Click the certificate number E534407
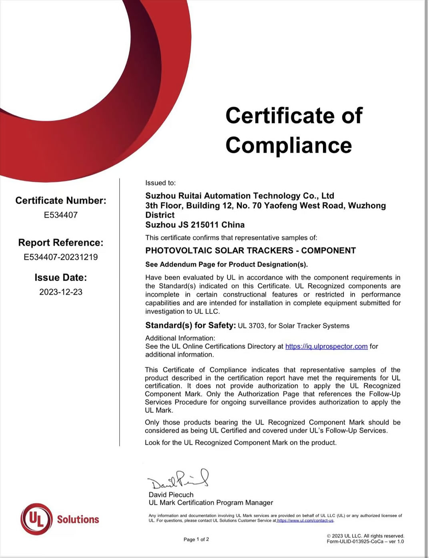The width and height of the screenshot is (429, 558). (x=61, y=215)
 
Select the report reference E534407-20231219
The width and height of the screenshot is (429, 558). (x=61, y=257)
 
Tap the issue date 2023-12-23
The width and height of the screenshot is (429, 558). (x=61, y=292)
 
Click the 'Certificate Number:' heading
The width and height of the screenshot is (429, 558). (x=61, y=200)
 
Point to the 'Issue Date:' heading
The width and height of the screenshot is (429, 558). (x=61, y=278)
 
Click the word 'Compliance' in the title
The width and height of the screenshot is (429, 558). (x=289, y=145)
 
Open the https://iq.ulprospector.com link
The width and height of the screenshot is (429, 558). (x=326, y=346)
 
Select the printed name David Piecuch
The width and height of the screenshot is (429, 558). (x=171, y=495)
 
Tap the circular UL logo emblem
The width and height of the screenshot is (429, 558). (x=36, y=519)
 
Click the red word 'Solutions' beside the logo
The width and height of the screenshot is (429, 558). (x=78, y=519)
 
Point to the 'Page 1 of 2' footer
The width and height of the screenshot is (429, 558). (x=196, y=540)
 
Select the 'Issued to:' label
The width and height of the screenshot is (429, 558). (x=160, y=183)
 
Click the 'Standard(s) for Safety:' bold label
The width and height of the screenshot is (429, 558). (x=190, y=325)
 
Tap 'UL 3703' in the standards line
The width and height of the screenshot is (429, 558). (x=251, y=326)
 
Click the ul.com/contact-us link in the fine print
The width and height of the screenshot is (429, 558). (x=305, y=520)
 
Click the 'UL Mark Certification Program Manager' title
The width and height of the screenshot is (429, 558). (x=211, y=503)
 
